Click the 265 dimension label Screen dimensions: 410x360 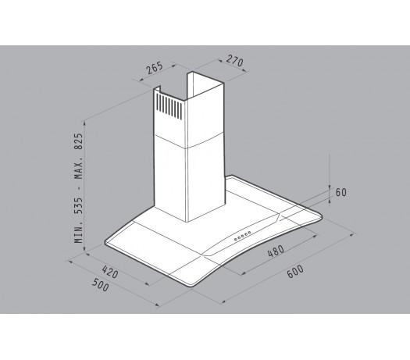(x=155, y=68)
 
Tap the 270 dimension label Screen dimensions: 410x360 (x=235, y=61)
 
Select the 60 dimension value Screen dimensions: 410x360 (x=341, y=192)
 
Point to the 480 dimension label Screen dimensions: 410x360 (x=276, y=251)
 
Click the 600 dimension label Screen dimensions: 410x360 (x=295, y=272)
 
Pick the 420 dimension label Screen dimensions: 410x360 (x=110, y=272)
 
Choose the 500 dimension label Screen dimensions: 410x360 (x=101, y=285)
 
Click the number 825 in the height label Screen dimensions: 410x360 (x=79, y=141)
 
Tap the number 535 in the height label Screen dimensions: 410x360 (x=79, y=205)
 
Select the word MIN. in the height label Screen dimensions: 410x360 (x=79, y=230)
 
